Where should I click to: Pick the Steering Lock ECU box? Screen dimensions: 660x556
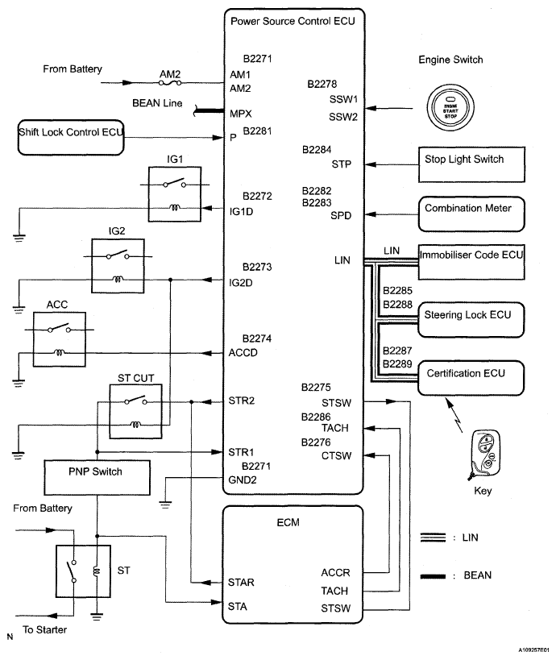point(470,314)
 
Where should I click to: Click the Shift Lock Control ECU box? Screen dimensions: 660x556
point(69,138)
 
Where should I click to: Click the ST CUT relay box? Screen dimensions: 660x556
point(136,409)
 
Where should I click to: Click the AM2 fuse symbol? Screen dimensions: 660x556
point(172,82)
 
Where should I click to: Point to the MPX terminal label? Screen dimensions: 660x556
point(240,113)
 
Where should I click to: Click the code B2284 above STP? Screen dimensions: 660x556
point(317,150)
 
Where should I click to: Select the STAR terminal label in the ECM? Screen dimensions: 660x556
point(243,581)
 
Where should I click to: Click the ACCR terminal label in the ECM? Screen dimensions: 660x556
point(334,573)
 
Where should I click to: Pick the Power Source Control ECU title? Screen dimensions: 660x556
point(292,19)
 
